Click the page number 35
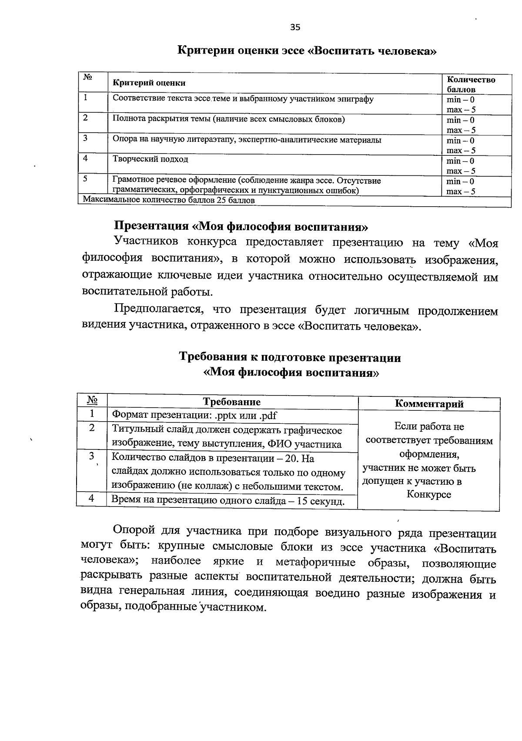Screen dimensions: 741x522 click(x=295, y=28)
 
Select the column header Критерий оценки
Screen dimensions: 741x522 click(x=149, y=83)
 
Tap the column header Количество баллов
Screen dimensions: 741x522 click(x=471, y=84)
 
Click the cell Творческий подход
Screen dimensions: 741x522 click(x=151, y=159)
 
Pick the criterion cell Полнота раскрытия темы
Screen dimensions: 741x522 click(x=228, y=119)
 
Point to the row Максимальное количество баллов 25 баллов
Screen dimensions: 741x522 click(x=169, y=201)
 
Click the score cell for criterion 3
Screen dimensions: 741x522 click(x=461, y=145)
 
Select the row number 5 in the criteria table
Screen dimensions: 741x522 click(x=86, y=179)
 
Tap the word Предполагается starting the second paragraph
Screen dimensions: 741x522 click(x=159, y=310)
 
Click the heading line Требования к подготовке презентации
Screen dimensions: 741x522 click(x=290, y=358)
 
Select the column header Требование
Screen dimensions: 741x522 click(x=232, y=402)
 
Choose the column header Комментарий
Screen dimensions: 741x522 click(x=429, y=404)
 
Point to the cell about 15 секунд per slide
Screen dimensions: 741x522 click(x=228, y=501)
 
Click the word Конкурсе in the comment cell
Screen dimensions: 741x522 click(x=429, y=494)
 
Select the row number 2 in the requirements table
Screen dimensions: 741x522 click(x=92, y=428)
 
